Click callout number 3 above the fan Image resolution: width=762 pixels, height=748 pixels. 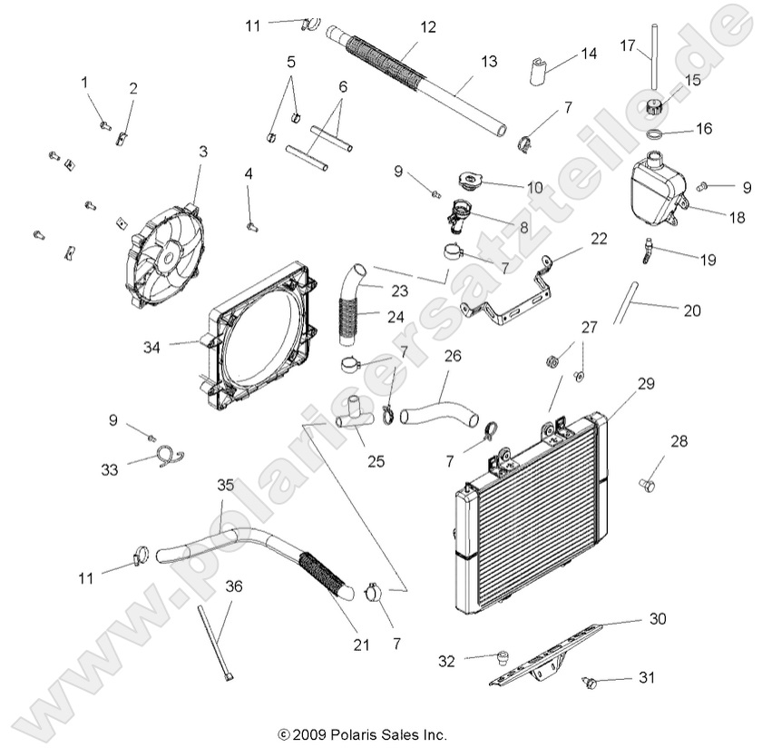pos(202,152)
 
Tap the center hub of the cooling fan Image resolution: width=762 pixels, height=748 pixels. pos(166,257)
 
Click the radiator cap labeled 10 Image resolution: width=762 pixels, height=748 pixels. pos(474,180)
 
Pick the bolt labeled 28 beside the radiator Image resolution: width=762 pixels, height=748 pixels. pos(649,485)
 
